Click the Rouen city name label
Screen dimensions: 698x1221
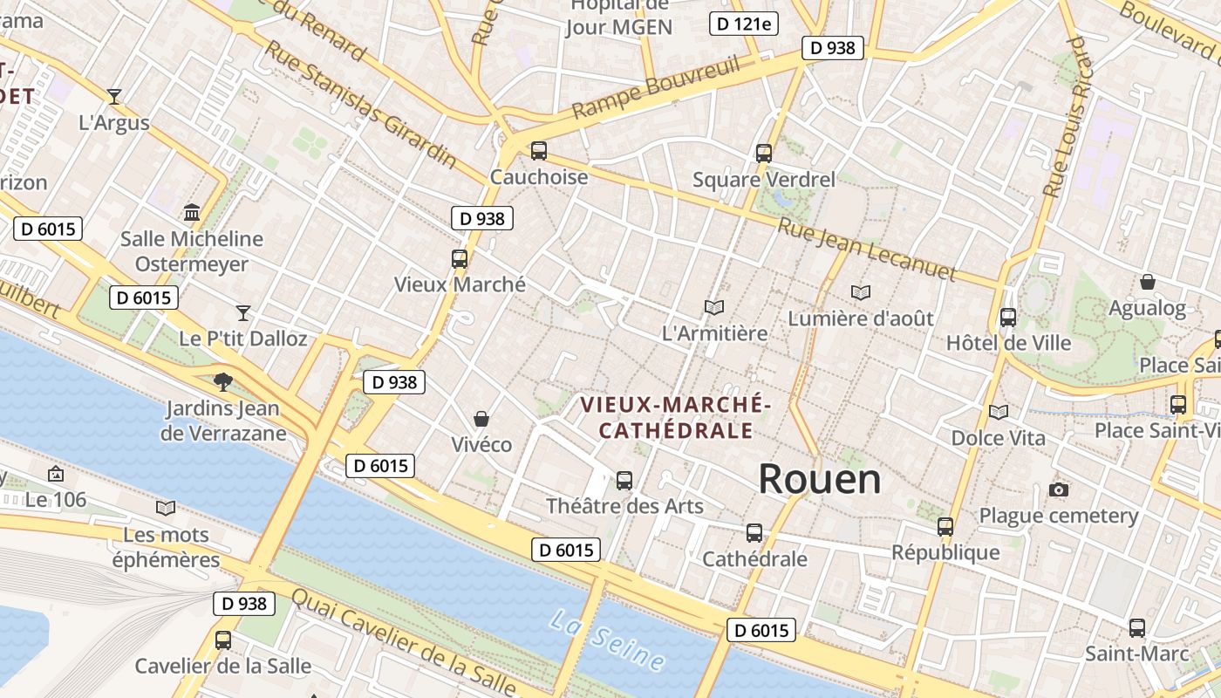(819, 479)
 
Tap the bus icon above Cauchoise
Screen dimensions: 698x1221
(539, 151)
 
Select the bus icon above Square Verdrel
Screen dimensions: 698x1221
(764, 154)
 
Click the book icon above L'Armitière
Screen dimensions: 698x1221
(714, 307)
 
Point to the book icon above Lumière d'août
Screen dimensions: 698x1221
(861, 292)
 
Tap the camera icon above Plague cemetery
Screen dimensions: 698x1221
(1059, 489)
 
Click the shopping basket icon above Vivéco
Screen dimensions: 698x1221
(481, 419)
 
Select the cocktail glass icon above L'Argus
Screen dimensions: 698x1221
(113, 96)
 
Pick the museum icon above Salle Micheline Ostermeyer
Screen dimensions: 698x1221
(192, 212)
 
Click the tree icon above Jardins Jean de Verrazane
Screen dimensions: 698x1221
(223, 381)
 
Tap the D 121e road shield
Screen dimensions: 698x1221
(743, 24)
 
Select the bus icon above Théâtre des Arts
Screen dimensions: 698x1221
(624, 480)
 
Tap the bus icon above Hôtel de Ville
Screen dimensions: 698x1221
(1008, 318)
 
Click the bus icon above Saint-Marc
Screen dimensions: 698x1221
(1137, 627)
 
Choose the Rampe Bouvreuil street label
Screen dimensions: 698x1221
(656, 87)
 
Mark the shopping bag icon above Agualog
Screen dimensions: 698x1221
(1148, 282)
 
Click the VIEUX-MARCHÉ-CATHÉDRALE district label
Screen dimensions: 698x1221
(676, 417)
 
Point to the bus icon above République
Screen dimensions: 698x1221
(945, 526)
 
